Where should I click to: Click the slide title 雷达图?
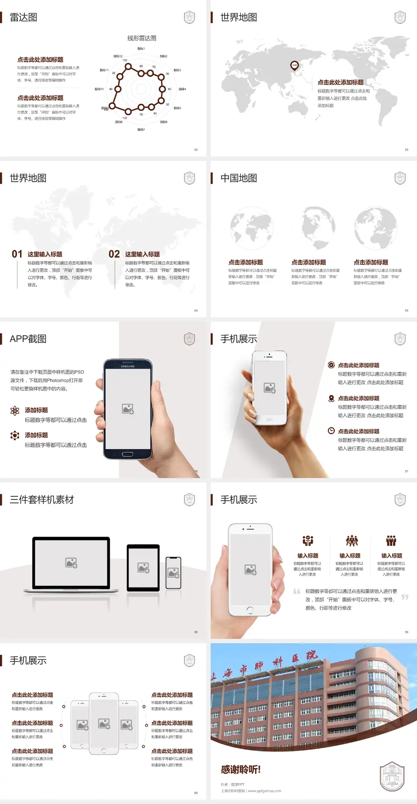23,17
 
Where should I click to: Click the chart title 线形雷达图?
142,38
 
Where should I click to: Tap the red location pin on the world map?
295,65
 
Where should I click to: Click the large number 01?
17,254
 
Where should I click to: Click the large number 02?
114,254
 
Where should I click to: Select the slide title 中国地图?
238,178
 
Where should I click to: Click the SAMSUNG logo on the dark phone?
128,366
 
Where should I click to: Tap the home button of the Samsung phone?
127,454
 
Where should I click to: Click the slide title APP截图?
28,339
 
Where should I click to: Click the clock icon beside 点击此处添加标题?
331,431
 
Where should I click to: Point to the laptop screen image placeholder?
71,563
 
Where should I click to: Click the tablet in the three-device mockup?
143,567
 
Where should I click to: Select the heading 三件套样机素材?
42,500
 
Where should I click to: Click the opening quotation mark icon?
297,591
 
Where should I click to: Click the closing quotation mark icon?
405,597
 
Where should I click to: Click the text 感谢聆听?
241,770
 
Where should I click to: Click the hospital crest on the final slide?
392,777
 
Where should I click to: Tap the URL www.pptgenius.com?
265,791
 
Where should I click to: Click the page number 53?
407,150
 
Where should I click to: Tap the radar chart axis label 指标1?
141,49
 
